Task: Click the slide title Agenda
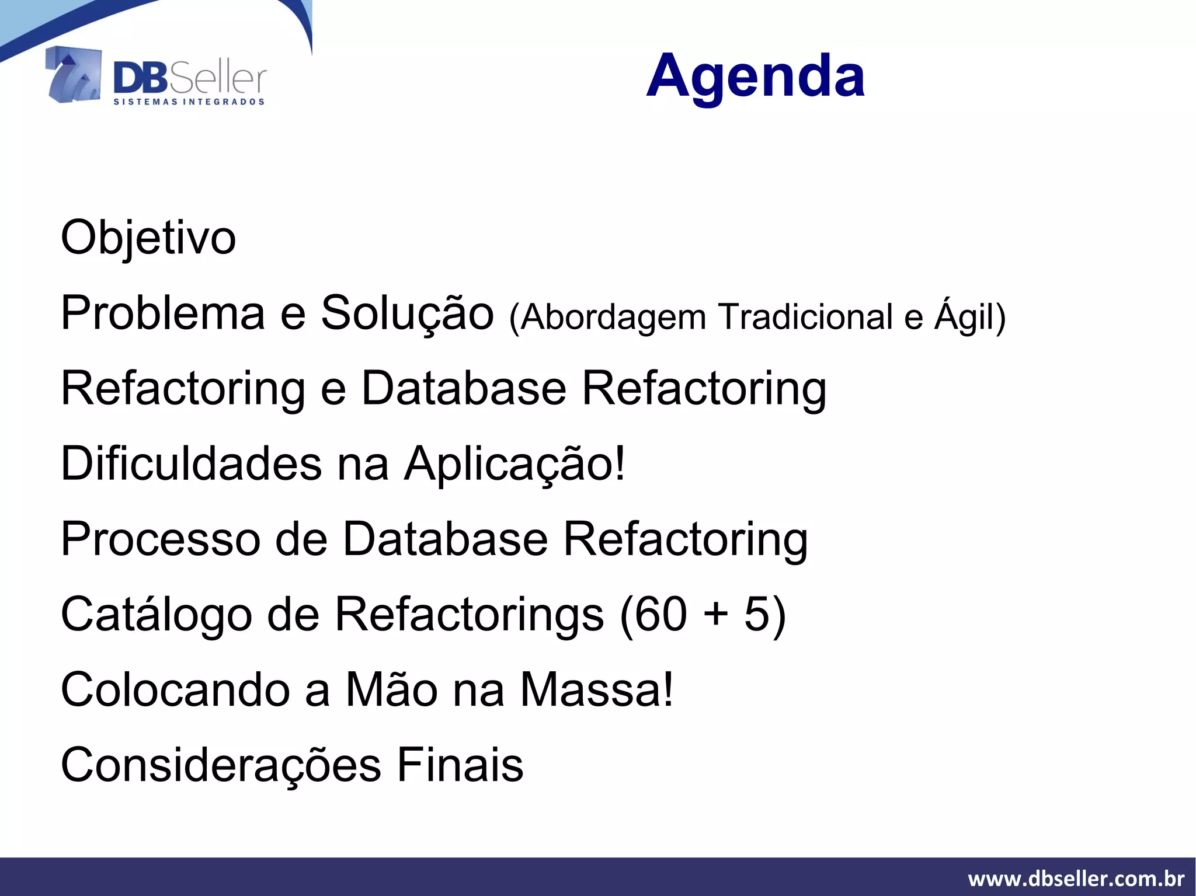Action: tap(755, 76)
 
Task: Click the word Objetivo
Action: tap(148, 238)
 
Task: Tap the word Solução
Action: tap(407, 313)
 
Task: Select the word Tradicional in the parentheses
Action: tap(805, 317)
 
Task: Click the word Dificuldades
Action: tap(192, 463)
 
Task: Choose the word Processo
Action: tap(161, 539)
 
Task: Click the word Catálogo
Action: tap(156, 615)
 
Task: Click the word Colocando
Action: tap(175, 690)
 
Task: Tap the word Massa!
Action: tap(596, 690)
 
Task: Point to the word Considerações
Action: tap(221, 766)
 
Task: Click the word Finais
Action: tap(460, 765)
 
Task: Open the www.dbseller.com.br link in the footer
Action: tap(1076, 878)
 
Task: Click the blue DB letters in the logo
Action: tap(140, 79)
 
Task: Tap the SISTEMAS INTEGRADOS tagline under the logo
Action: tap(189, 102)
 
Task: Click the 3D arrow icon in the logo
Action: tap(74, 75)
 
